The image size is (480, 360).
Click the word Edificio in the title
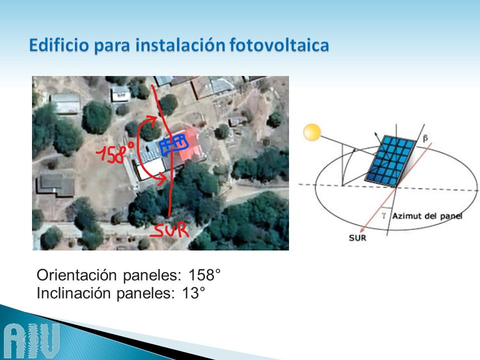pos(58,45)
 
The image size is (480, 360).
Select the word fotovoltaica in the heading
pos(279,45)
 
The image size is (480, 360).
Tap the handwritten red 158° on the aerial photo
pos(115,152)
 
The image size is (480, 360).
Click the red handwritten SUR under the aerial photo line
pos(169,230)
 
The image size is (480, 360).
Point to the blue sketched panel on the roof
pos(173,144)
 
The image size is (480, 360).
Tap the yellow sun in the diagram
pos(312,132)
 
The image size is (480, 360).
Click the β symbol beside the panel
pos(425,138)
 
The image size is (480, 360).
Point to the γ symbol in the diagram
pos(383,216)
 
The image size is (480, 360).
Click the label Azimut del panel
pos(427,216)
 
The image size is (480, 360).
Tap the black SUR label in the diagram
pos(357,238)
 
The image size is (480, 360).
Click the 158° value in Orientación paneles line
pos(204,275)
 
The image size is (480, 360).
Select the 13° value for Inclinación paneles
pos(193,293)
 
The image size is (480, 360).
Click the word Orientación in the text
pos(76,275)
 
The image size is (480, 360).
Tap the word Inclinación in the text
pos(73,293)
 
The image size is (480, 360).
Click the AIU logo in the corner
pos(32,341)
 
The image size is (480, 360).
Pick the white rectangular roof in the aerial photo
pos(150,168)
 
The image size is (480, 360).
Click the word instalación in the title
pos(180,45)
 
